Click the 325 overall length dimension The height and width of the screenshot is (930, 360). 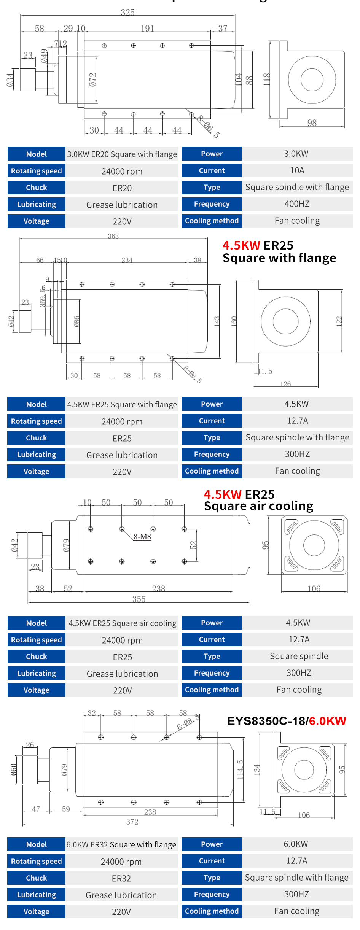127,12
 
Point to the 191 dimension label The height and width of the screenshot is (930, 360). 147,29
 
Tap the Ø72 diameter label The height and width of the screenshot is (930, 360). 93,80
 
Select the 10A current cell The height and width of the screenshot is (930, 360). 297,170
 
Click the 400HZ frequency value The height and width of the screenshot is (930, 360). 297,204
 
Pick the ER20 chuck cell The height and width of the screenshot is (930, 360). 122,188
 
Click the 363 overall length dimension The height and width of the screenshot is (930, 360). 113,236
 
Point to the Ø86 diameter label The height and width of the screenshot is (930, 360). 77,321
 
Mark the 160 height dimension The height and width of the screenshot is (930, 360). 234,321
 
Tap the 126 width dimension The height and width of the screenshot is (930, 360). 285,384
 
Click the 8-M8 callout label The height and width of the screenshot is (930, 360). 142,537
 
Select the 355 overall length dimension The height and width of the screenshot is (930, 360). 139,599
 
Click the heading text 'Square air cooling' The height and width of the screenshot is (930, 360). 258,506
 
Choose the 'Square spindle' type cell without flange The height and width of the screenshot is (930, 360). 299,656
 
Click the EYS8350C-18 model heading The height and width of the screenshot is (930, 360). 266,721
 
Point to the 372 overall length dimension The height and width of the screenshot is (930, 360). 132,822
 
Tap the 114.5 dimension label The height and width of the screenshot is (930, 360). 240,769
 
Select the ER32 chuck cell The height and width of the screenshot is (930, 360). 121,878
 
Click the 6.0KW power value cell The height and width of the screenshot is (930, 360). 296,844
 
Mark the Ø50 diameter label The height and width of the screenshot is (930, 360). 14,769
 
